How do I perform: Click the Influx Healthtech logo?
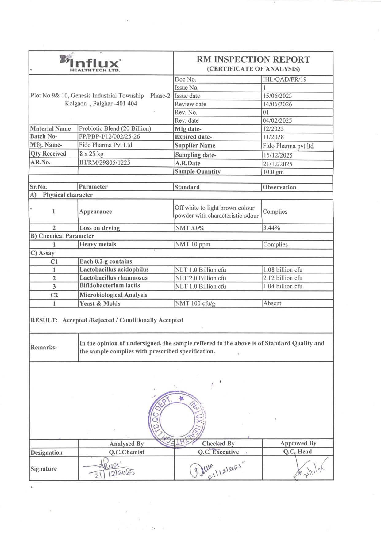[90, 63]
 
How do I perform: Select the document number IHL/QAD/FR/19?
[284, 79]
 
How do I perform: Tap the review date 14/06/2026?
[277, 104]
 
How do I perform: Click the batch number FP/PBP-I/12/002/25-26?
[110, 136]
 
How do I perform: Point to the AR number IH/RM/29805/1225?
[105, 162]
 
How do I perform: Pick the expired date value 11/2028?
[273, 137]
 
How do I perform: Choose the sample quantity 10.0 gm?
[273, 172]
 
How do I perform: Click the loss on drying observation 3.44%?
[271, 228]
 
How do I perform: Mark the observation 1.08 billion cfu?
[283, 270]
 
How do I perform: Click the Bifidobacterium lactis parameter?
[110, 285]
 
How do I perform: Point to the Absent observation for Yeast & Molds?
[272, 303]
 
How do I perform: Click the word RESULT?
[44, 320]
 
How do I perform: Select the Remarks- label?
[44, 348]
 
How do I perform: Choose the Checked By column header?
[218, 444]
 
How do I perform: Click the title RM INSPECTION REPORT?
[253, 59]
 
